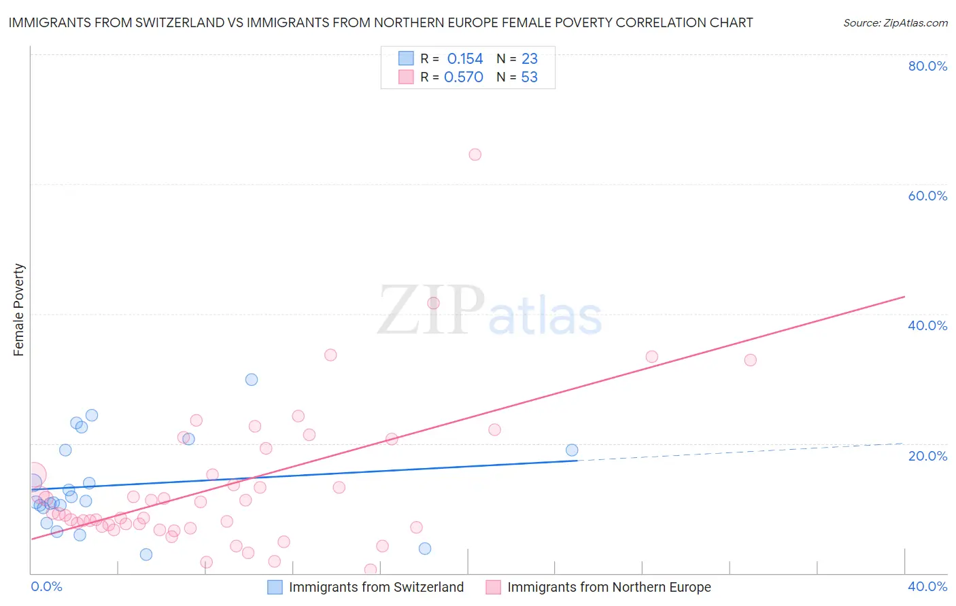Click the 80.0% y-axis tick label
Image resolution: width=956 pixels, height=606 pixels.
(927, 66)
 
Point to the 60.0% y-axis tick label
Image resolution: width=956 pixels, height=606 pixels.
(927, 196)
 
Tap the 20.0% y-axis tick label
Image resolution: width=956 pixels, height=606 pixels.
(927, 456)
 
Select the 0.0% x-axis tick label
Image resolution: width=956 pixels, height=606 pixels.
(46, 586)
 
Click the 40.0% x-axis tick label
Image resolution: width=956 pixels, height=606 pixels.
(927, 586)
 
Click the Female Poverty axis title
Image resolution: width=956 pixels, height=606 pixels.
(19, 310)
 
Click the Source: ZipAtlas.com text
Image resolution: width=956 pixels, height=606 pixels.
(895, 22)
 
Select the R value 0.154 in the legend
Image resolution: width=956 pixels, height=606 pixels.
(465, 59)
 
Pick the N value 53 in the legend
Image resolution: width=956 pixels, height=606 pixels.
(529, 77)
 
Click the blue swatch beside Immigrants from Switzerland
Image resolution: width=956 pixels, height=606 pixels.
(275, 587)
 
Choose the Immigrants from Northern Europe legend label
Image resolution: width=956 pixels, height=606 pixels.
(609, 587)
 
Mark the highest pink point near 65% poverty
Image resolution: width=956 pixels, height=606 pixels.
(475, 155)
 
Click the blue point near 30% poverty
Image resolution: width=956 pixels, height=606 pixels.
(252, 380)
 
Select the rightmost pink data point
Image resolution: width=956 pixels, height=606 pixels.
(750, 360)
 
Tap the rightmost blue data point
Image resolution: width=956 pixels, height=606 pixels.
(572, 450)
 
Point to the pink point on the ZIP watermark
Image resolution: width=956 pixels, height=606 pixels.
(433, 303)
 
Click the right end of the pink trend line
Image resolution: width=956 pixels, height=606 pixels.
(904, 297)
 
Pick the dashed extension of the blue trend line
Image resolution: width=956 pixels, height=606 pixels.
(741, 452)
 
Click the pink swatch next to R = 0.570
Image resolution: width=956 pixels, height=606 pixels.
(406, 77)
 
